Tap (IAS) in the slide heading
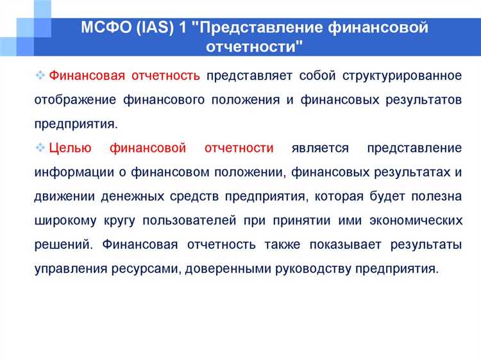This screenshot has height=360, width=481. point(158,28)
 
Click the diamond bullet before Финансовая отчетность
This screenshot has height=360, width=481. point(40,76)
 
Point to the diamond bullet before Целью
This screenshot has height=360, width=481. point(40,148)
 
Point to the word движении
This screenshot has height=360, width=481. point(63,196)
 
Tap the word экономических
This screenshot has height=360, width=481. point(416,220)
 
